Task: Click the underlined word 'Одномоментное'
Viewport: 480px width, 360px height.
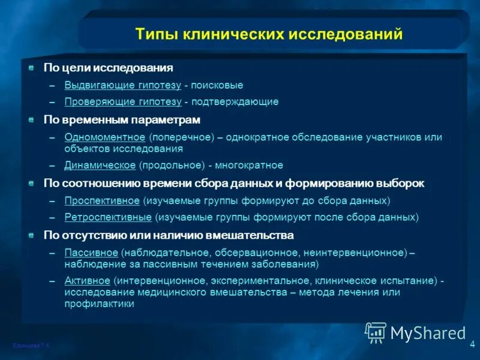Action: click(105, 137)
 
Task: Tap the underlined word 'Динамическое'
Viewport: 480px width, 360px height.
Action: click(100, 165)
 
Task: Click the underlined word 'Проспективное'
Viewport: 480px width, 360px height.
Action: click(102, 200)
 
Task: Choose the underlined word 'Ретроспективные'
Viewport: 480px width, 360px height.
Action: click(109, 217)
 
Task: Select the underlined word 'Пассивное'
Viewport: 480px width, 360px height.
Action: click(91, 251)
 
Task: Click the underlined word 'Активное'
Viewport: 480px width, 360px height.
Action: click(88, 281)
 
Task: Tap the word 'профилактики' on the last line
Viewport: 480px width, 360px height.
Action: click(99, 304)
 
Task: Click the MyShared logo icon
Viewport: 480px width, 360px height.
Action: click(376, 331)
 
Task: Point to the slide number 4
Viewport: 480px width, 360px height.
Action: click(472, 344)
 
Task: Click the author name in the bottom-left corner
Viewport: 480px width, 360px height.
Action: click(31, 346)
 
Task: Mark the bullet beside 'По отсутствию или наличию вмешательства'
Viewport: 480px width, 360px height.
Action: click(31, 235)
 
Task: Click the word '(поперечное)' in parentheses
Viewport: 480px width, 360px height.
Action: click(182, 137)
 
